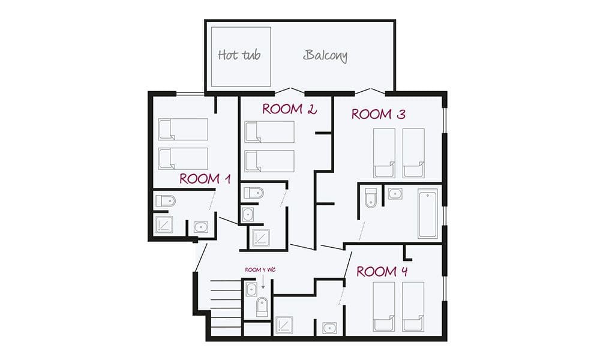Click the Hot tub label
[239, 56]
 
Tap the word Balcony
[325, 56]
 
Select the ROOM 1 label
[205, 179]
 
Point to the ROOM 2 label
[289, 109]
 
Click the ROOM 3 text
[378, 114]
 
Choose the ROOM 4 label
[383, 272]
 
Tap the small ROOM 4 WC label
[259, 271]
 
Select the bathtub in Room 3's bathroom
[428, 214]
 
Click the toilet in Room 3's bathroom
[370, 197]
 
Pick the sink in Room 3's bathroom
[394, 194]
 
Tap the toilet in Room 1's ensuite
[165, 201]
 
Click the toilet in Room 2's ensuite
[254, 193]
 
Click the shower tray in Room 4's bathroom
[284, 325]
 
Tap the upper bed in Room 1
[183, 129]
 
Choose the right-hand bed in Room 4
[413, 306]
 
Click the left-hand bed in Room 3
[385, 152]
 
